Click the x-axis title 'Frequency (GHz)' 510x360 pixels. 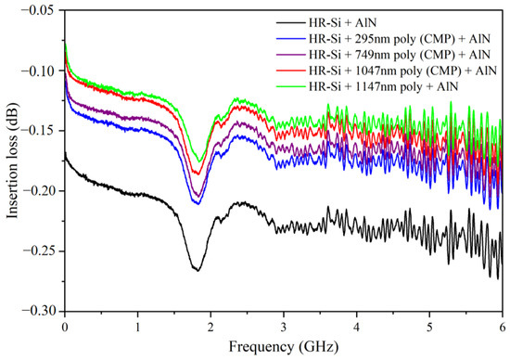[283, 350]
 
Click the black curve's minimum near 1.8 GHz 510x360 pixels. [197, 270]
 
